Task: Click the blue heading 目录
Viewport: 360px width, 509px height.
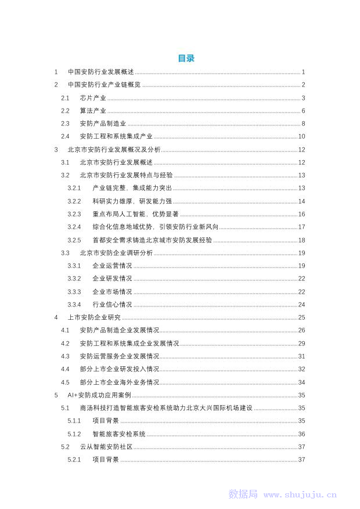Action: tap(186, 58)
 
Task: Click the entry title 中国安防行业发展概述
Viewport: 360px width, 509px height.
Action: tap(100, 72)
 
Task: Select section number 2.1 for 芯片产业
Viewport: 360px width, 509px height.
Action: tap(66, 98)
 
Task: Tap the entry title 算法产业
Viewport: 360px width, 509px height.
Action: tap(93, 111)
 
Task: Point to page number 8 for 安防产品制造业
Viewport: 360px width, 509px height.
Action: tap(303, 124)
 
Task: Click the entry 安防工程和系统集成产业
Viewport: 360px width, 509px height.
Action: tap(116, 136)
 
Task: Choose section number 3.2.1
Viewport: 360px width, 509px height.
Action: tap(74, 188)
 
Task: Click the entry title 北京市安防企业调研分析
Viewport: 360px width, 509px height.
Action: tap(116, 253)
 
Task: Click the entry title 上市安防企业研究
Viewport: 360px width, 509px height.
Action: tap(94, 317)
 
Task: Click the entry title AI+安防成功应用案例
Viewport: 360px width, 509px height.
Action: tap(99, 395)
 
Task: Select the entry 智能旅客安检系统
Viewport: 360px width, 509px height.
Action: tap(119, 434)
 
